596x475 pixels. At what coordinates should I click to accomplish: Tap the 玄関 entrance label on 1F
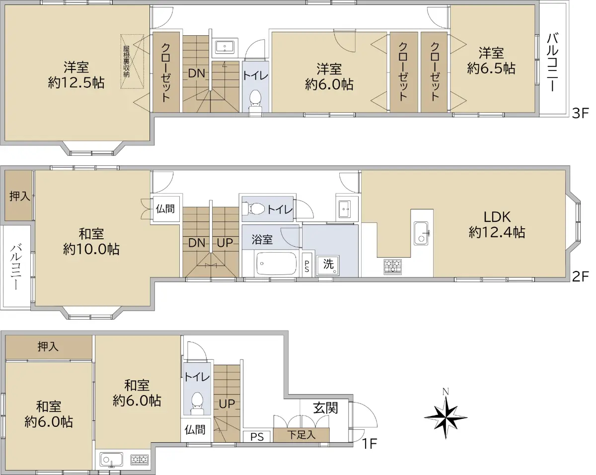(326, 408)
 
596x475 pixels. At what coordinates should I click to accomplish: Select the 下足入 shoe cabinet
(301, 435)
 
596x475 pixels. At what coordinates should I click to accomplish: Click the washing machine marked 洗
(328, 265)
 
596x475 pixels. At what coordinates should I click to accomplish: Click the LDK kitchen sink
(422, 233)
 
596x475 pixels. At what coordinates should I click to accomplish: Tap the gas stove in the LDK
(393, 266)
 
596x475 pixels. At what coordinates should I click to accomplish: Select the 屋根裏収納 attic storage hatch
(132, 62)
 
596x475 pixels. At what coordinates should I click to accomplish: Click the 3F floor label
(580, 113)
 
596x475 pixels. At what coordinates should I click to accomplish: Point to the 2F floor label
(580, 276)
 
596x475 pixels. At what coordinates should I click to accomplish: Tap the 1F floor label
(370, 444)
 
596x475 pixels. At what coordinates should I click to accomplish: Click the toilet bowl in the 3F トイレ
(255, 101)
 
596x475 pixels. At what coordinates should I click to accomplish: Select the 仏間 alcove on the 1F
(195, 430)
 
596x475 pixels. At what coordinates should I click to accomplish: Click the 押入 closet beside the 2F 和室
(18, 196)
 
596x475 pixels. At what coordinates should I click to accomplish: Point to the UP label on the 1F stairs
(227, 404)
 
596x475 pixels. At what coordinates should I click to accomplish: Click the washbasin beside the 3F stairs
(224, 47)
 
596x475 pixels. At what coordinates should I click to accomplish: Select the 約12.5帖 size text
(76, 82)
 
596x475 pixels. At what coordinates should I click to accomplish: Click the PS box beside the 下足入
(257, 436)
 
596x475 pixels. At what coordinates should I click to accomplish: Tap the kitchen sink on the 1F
(111, 460)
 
